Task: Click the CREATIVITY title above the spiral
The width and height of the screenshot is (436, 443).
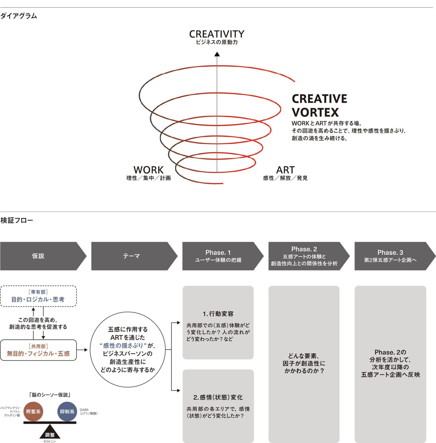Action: (217, 34)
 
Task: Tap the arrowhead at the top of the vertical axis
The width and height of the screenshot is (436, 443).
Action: (217, 54)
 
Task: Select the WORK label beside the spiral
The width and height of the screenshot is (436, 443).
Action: (148, 170)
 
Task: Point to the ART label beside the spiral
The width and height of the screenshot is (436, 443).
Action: (285, 170)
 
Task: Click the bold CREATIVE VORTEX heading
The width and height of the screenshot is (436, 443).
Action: (319, 105)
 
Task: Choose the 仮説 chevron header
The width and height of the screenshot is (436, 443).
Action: (38, 256)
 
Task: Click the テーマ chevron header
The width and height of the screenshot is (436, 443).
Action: (131, 256)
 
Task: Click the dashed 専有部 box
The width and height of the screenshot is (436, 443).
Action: (38, 296)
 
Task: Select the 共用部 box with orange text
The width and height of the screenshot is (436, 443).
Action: (38, 350)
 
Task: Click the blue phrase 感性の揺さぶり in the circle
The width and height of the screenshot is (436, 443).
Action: (123, 345)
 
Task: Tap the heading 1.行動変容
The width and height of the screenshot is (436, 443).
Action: (218, 314)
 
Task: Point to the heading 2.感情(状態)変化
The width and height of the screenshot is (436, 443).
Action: (218, 397)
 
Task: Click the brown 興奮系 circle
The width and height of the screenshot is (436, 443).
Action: (33, 411)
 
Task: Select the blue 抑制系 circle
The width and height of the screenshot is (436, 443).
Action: (67, 411)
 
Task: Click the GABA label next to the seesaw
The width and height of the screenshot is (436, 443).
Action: (84, 410)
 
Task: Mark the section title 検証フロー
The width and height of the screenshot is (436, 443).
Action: (17, 220)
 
